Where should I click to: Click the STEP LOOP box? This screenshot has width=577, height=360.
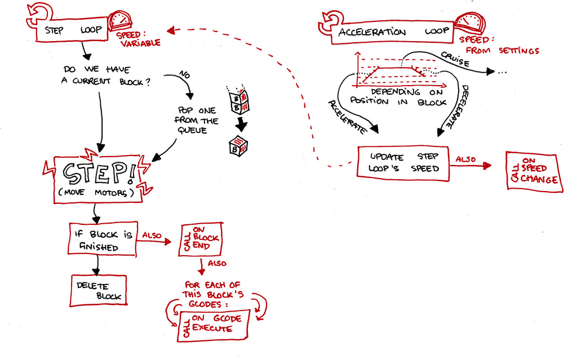[72, 30]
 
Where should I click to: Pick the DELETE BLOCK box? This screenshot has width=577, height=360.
[99, 290]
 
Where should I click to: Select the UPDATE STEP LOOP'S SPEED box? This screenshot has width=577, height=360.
[403, 163]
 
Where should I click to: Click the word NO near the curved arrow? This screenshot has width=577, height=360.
[184, 75]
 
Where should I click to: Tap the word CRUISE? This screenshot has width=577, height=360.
[455, 59]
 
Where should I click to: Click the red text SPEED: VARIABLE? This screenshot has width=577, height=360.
[138, 38]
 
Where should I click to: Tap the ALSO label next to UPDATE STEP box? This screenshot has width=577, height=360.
[466, 159]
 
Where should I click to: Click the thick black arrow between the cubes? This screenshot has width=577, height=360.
[241, 123]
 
